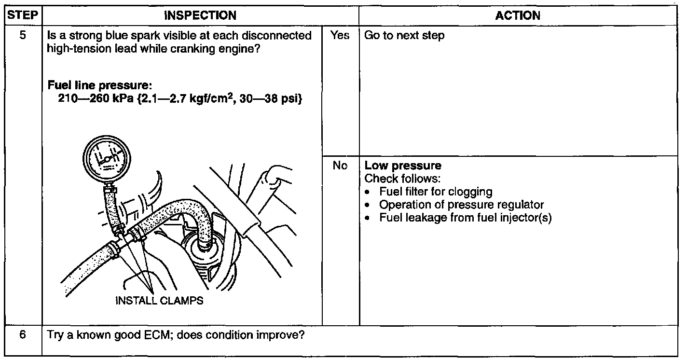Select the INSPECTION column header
pyautogui.click(x=200, y=15)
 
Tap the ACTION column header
pyautogui.click(x=518, y=15)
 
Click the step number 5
pyautogui.click(x=23, y=36)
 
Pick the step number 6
pyautogui.click(x=23, y=334)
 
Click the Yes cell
pyautogui.click(x=340, y=36)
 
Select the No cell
pyautogui.click(x=340, y=166)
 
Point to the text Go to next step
pyautogui.click(x=404, y=36)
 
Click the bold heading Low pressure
pyautogui.click(x=403, y=166)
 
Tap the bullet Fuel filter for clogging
pyautogui.click(x=436, y=192)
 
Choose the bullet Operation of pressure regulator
pyautogui.click(x=461, y=205)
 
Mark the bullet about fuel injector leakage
pyautogui.click(x=465, y=218)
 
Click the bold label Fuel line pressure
pyautogui.click(x=100, y=86)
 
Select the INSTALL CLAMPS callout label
pyautogui.click(x=159, y=301)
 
